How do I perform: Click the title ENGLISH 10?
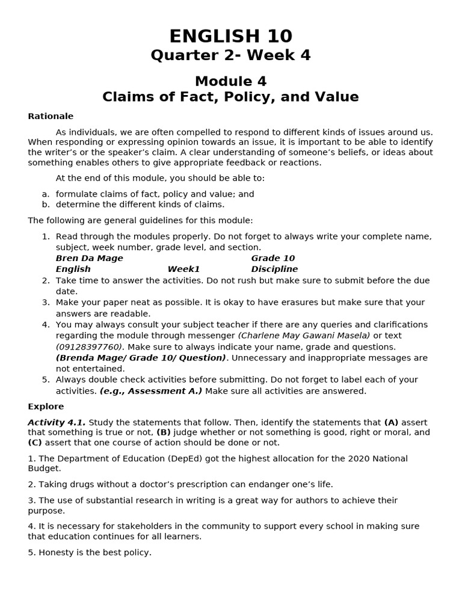230,36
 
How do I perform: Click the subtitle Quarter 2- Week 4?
230,55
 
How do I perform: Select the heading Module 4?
230,81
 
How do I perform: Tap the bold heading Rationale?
51,116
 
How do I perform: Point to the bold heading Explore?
46,406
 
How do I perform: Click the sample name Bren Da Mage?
89,258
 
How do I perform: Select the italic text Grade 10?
273,258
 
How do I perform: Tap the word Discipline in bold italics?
274,269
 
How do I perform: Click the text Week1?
183,269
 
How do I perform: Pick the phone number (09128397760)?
90,346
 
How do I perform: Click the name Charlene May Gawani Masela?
304,336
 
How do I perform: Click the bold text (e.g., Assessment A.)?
151,391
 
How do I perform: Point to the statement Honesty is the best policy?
90,552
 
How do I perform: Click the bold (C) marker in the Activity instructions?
34,442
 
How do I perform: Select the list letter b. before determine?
46,205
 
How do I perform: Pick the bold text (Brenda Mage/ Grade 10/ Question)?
141,357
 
